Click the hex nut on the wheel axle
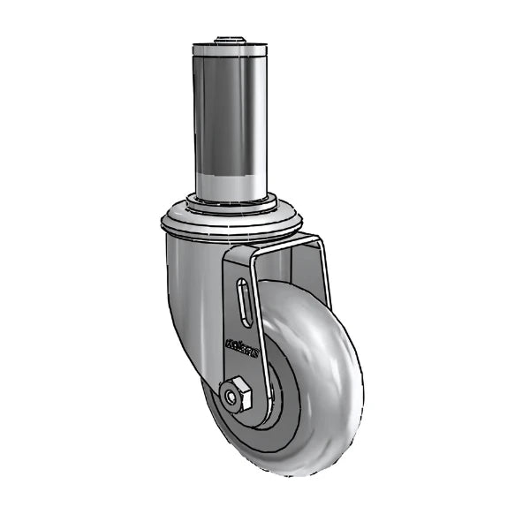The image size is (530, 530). tap(237, 395)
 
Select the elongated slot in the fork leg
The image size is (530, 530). tap(243, 306)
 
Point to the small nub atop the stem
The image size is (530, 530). tap(229, 39)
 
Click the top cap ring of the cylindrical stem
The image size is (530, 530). tap(229, 47)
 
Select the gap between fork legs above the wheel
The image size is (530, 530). tap(287, 265)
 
